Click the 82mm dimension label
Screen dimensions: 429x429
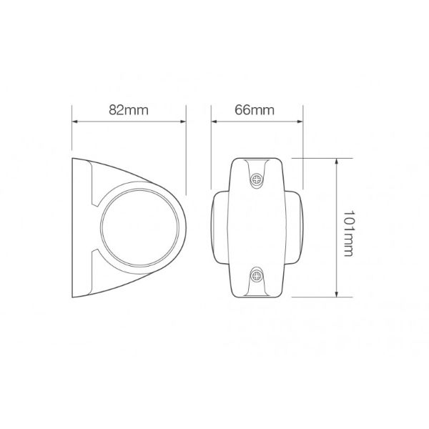(x=128, y=111)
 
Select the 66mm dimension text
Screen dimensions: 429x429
(x=255, y=110)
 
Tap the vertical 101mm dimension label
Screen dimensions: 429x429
(x=348, y=227)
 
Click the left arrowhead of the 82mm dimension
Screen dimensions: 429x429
(x=74, y=121)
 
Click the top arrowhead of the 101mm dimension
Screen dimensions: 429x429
(x=336, y=161)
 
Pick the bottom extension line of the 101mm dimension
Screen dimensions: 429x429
(x=315, y=297)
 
